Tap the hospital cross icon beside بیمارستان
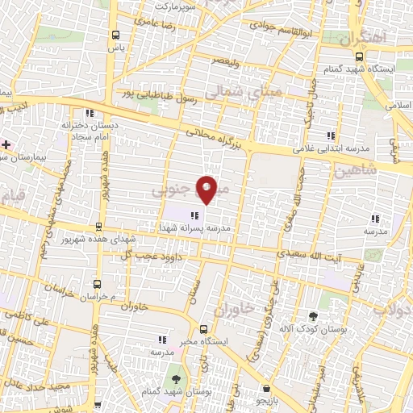pos(6,144)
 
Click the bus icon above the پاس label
pos(117,35)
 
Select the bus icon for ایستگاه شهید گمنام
pos(360,56)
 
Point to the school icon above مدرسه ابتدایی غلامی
pos(330,136)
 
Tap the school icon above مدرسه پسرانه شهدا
pos(194,215)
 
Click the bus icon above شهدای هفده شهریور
pos(98,227)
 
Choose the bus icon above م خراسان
pos(97,285)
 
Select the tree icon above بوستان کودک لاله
pos(314,317)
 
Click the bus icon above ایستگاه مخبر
pos(202,329)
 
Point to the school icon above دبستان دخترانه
pos(90,113)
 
